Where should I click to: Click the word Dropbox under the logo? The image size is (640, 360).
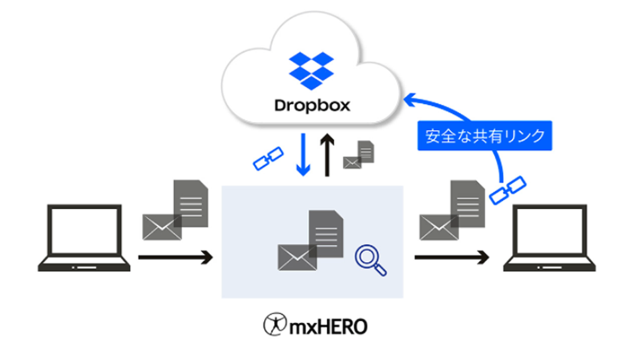[311, 105]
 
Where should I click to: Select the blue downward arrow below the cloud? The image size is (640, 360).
[304, 153]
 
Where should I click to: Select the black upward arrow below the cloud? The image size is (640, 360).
[327, 154]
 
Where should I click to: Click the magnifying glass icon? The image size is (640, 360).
[370, 259]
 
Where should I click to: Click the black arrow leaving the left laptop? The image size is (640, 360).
[175, 257]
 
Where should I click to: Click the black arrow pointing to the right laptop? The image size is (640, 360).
[451, 257]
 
